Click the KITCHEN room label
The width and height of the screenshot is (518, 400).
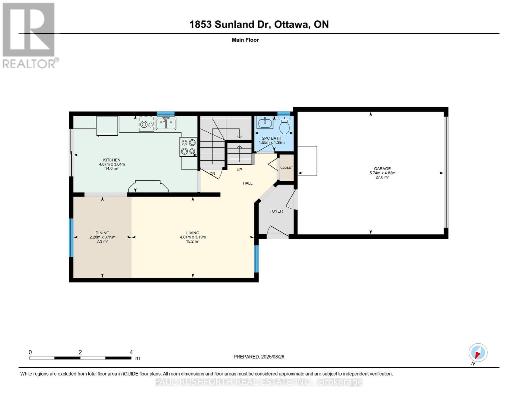[112, 160]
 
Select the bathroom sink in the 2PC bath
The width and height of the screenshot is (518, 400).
[265, 123]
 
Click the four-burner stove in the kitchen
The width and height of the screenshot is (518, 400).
[188, 147]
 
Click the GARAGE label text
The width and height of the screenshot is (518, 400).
[382, 169]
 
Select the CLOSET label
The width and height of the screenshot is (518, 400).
[287, 168]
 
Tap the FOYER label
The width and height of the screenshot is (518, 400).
[276, 211]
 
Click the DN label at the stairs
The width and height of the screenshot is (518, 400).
[212, 174]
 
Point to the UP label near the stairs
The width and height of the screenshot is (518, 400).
[239, 170]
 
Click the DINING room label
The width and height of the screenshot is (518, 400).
[102, 233]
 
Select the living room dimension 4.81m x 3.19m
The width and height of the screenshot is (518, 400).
[193, 237]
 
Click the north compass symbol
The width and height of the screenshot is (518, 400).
[478, 353]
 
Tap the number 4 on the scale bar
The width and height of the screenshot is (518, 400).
[131, 352]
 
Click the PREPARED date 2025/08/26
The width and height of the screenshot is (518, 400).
[273, 357]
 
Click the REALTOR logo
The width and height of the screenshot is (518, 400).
[29, 35]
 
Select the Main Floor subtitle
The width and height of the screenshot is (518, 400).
[245, 40]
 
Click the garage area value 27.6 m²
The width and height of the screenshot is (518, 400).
[382, 177]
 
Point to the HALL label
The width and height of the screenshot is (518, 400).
[247, 183]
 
